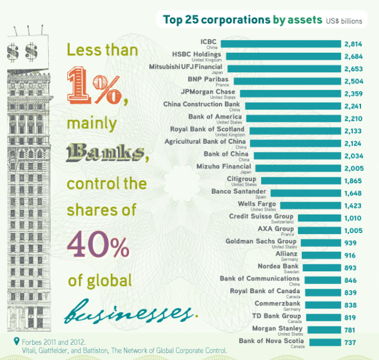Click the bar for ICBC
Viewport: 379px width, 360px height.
[281, 43]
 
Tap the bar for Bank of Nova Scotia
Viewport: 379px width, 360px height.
[325, 342]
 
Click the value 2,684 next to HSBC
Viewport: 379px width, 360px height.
[353, 56]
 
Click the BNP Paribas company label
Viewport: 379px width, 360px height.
[208, 79]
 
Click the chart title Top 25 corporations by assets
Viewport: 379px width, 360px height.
[243, 20]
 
